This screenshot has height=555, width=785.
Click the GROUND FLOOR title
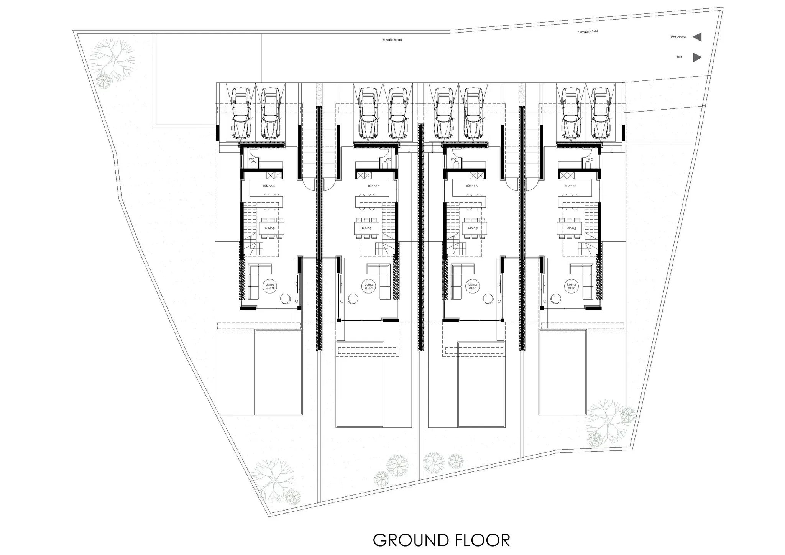tap(441, 540)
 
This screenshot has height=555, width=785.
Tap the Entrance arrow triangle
tap(698, 37)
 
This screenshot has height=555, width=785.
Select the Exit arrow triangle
tap(698, 57)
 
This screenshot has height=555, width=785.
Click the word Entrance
tap(678, 37)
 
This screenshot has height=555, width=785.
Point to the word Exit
tap(679, 57)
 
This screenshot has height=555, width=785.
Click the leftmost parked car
tap(241, 113)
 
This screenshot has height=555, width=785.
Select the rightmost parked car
tap(601, 113)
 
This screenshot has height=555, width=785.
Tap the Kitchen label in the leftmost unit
tap(269, 186)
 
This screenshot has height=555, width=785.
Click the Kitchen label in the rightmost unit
tap(570, 186)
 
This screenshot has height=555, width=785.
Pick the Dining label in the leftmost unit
tap(270, 228)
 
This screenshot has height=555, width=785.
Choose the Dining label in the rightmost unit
tap(572, 228)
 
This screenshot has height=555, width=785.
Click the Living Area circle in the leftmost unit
tap(270, 286)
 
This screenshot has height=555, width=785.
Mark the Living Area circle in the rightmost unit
tap(572, 286)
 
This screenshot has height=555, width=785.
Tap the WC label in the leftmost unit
tap(251, 159)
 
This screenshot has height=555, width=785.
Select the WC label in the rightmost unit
tap(590, 159)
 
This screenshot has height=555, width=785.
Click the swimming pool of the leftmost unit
tap(278, 371)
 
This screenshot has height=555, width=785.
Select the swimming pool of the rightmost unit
tap(562, 371)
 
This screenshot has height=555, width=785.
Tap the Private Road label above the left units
tap(392, 40)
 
